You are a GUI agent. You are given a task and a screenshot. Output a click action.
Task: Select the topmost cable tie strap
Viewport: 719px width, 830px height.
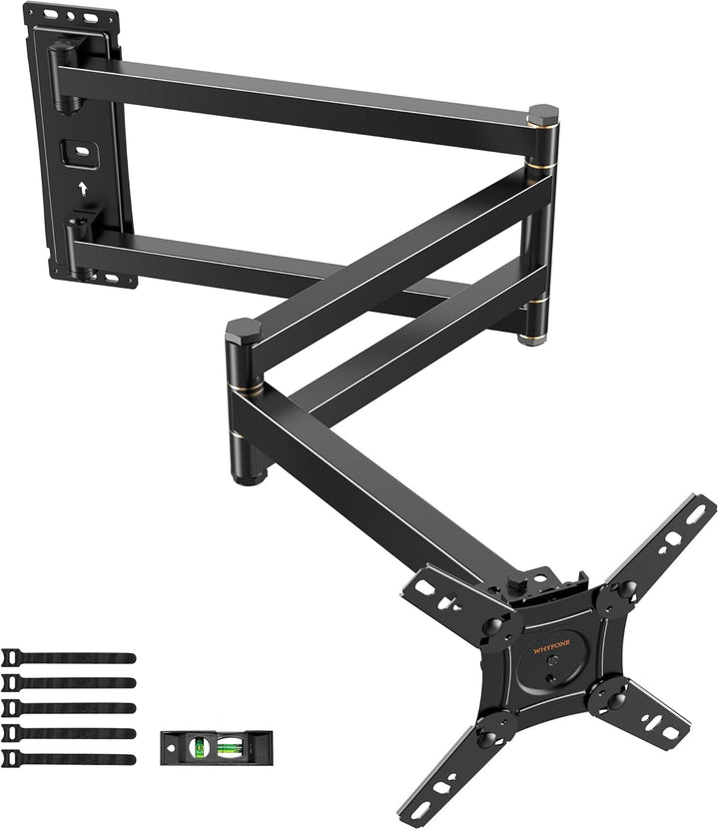[x=70, y=657]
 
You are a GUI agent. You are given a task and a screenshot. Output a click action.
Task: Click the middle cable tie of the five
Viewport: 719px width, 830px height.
[x=70, y=707]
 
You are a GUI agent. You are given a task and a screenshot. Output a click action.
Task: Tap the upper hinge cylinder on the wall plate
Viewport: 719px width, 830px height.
[x=62, y=76]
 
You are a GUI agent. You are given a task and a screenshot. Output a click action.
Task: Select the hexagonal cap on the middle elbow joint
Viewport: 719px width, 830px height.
[x=244, y=331]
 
